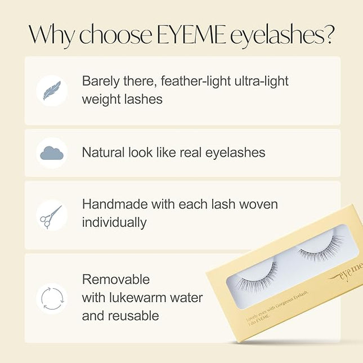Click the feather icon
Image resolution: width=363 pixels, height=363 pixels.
click(52, 90)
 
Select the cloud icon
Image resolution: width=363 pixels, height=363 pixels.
click(52, 153)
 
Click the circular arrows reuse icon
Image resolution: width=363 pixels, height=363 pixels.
click(52, 298)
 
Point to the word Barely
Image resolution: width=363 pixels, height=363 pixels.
click(100, 81)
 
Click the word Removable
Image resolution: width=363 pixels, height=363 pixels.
click(116, 279)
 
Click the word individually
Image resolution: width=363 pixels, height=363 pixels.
click(114, 222)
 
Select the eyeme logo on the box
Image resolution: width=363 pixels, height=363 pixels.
click(349, 270)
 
